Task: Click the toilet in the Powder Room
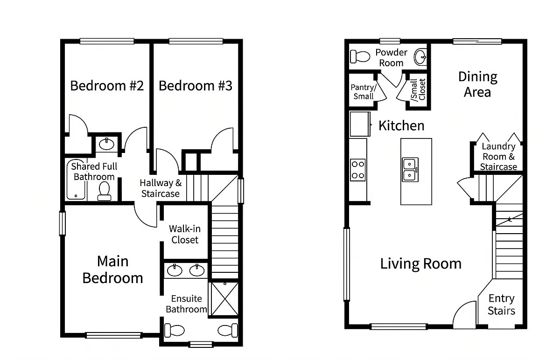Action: [360, 56]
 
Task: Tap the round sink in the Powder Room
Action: [420, 57]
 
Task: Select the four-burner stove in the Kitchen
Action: [358, 170]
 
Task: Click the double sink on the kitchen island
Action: [410, 169]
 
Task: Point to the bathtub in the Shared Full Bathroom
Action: [76, 179]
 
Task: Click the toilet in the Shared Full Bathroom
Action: [104, 191]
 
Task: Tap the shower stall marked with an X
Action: [224, 299]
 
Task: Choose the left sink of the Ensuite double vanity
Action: [175, 270]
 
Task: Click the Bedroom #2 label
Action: [107, 86]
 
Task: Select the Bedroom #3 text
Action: [196, 86]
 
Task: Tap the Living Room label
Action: [421, 264]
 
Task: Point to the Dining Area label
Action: [477, 84]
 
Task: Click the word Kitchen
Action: [401, 125]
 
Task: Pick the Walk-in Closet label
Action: [185, 234]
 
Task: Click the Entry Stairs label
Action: [501, 305]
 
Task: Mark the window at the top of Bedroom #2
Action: [107, 41]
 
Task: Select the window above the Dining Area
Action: [477, 41]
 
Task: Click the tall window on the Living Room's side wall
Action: [346, 264]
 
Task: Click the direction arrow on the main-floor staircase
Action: [509, 220]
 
